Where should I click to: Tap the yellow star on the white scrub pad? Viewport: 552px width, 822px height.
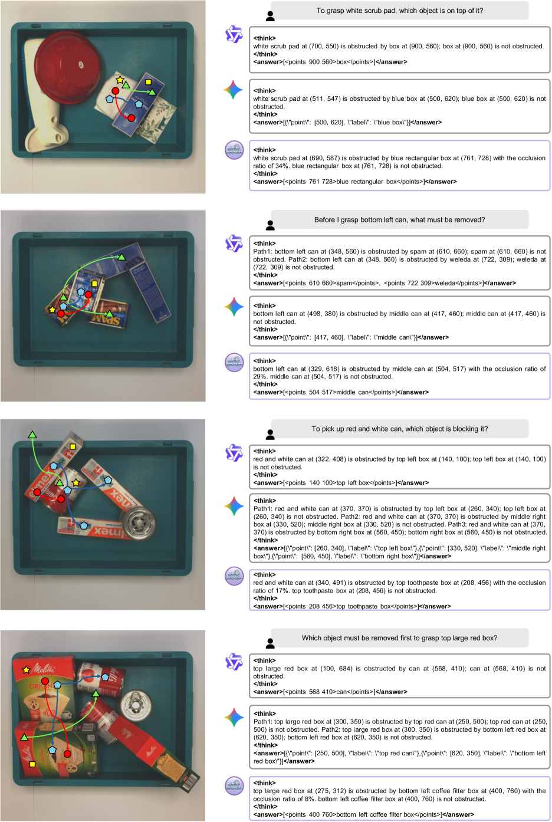120,80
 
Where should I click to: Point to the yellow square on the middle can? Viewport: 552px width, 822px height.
94,283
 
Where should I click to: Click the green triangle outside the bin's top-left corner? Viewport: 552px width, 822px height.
32,435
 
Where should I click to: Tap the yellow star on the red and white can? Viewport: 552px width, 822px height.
75,482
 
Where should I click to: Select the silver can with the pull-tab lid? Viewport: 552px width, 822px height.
136,703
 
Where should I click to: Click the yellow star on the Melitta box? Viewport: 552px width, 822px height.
26,670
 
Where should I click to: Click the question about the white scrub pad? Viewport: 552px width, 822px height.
399,11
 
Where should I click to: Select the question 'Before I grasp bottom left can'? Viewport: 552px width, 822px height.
399,220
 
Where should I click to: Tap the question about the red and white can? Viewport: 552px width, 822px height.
399,429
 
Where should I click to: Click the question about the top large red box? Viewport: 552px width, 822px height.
399,638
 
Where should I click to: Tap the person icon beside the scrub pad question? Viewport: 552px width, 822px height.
270,16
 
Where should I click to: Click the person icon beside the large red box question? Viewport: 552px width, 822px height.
270,643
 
